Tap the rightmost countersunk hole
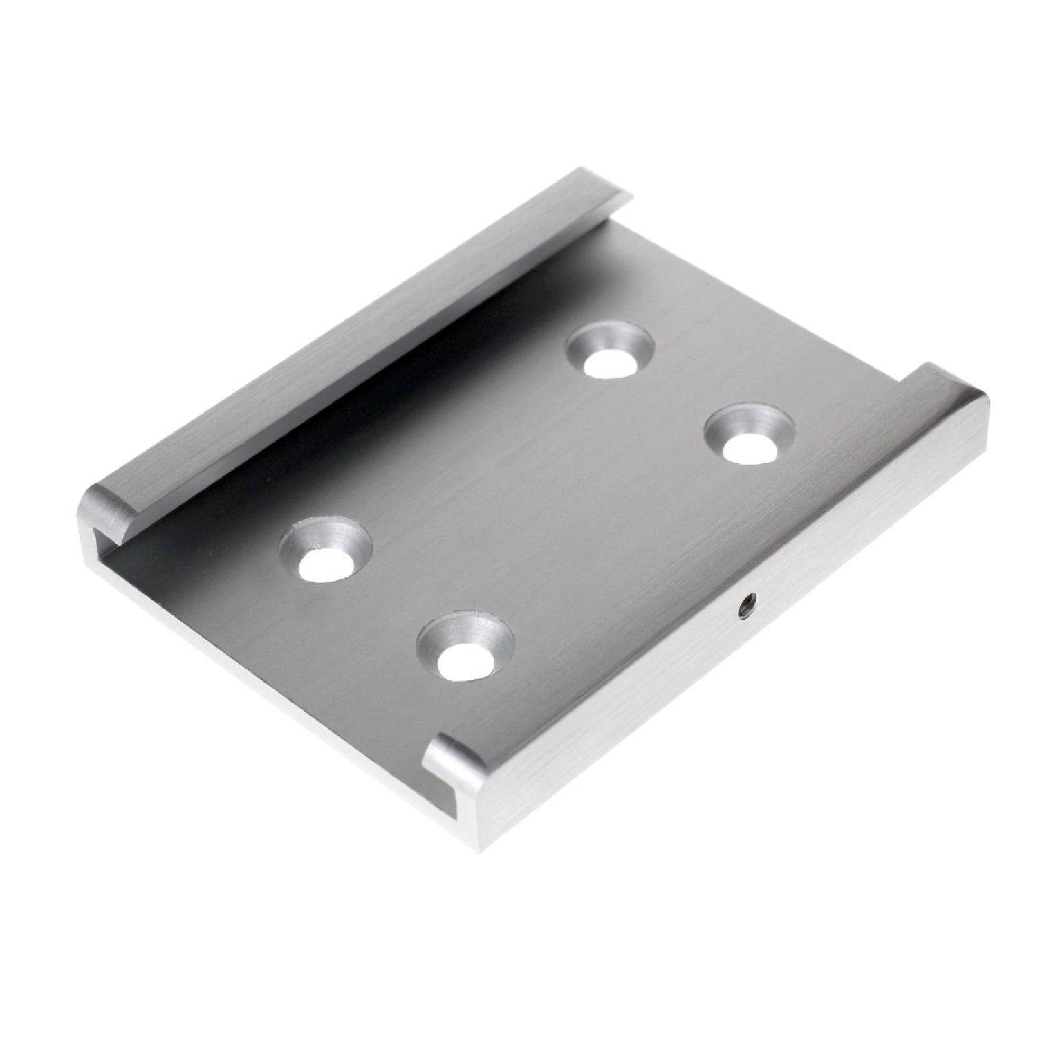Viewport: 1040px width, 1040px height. point(750,435)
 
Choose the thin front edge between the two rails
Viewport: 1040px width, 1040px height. point(277,664)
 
